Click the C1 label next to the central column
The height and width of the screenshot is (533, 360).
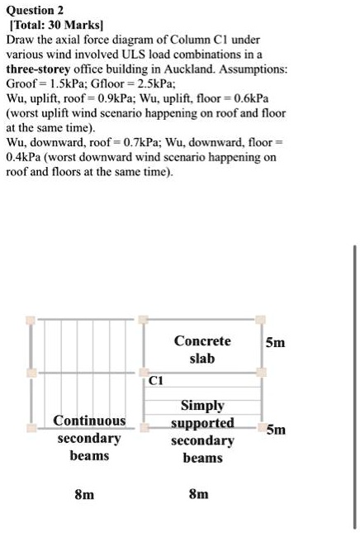pos(157,380)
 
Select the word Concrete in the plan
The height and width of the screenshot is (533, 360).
pos(201,341)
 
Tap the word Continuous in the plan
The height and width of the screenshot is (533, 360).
pos(89,421)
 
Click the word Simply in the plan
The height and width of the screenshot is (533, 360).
pos(201,405)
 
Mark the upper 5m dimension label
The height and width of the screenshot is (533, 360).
pos(276,342)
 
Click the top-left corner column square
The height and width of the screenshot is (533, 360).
pos(31,319)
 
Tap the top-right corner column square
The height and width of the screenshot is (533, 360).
pos(260,319)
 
